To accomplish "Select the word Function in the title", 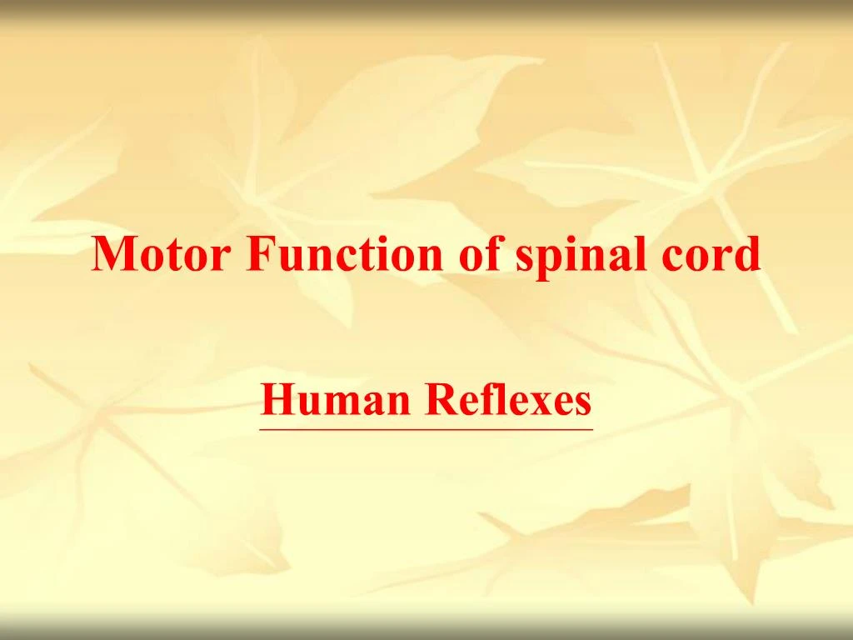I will click(x=346, y=254).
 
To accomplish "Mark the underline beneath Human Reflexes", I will click(x=426, y=429).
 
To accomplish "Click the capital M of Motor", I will click(x=112, y=254).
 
